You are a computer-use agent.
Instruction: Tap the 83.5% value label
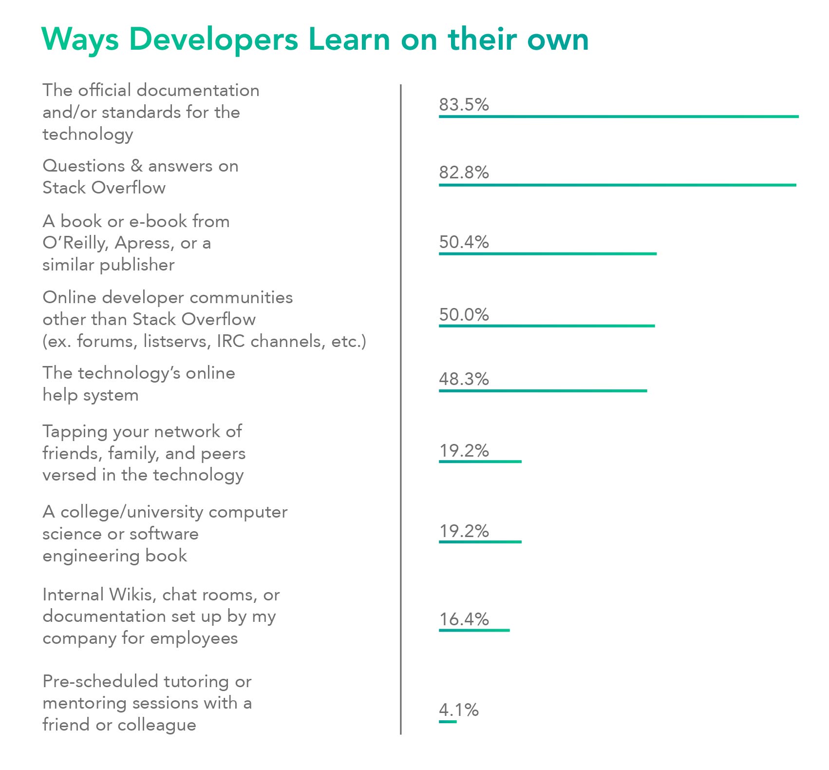[464, 104]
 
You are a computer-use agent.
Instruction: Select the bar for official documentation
[619, 116]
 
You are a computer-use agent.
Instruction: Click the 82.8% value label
[464, 173]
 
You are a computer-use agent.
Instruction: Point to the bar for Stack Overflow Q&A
[617, 185]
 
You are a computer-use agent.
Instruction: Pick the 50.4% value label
[464, 242]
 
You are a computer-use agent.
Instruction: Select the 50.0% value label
[464, 314]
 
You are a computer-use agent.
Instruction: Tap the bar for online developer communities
[546, 326]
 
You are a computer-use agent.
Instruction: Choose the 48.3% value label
[464, 379]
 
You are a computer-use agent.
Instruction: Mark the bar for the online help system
[543, 391]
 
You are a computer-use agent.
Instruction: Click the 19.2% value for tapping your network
[464, 450]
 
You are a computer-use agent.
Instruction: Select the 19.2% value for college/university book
[464, 531]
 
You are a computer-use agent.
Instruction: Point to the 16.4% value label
[464, 619]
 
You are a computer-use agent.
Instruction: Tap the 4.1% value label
[458, 710]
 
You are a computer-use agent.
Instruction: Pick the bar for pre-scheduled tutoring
[448, 722]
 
